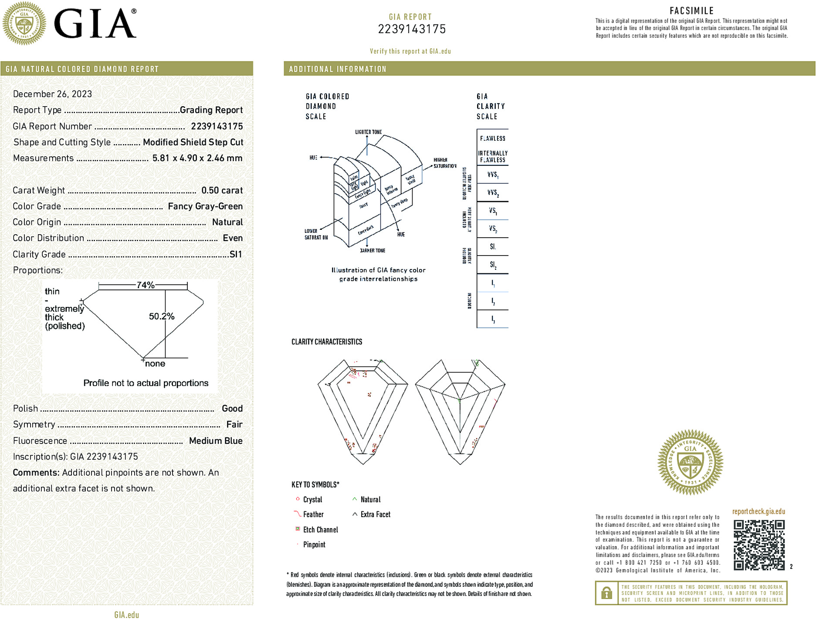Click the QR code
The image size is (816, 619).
(758, 545)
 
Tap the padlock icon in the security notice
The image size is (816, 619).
(606, 593)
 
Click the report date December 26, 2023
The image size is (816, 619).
(52, 94)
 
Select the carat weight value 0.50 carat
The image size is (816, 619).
(222, 190)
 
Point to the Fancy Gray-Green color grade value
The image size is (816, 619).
(205, 206)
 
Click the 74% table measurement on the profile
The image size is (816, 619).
(145, 285)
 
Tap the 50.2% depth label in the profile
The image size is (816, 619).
(161, 316)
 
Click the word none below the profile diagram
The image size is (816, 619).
(155, 364)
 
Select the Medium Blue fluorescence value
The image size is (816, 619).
(216, 441)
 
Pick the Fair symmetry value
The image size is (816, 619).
(234, 424)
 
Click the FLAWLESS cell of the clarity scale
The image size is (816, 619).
(492, 138)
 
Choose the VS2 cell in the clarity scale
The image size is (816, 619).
(492, 229)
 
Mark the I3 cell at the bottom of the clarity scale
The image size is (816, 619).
(492, 319)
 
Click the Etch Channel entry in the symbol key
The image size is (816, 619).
(320, 530)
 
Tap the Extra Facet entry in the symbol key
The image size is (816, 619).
(375, 515)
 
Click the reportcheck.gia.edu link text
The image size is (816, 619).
(758, 511)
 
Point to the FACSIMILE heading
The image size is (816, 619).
(691, 11)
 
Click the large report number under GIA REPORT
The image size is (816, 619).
(411, 29)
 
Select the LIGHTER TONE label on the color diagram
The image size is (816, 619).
(368, 132)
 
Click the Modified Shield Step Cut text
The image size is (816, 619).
(193, 142)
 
